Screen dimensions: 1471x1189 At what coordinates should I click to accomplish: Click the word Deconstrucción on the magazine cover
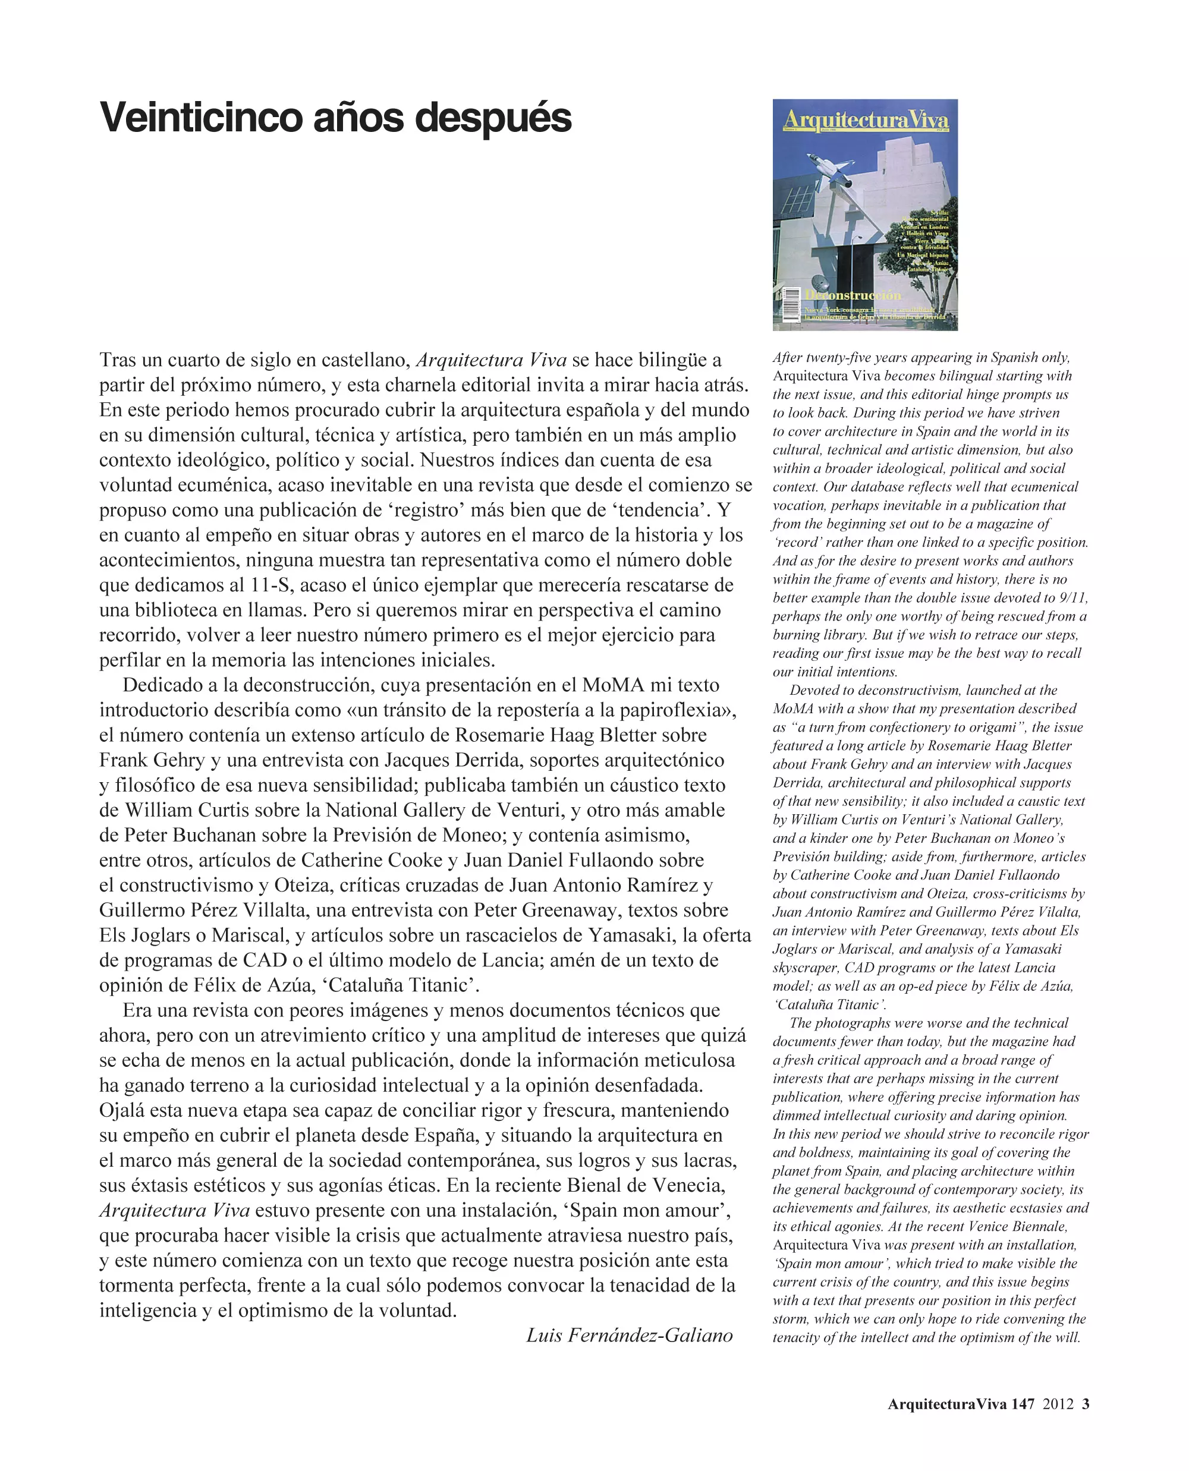(x=853, y=295)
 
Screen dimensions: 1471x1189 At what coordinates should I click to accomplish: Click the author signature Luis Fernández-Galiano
(x=629, y=1335)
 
